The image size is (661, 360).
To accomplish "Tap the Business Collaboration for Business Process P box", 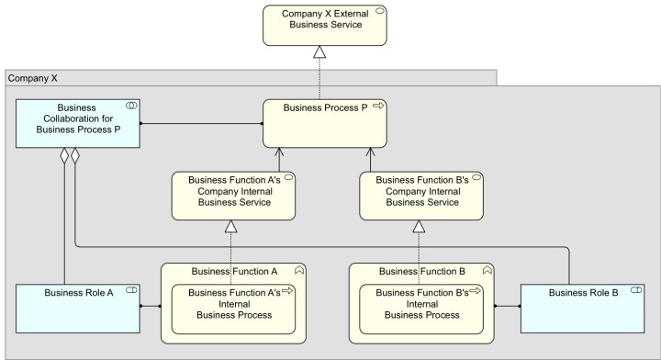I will [77, 123].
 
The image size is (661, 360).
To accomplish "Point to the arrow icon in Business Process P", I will [377, 107].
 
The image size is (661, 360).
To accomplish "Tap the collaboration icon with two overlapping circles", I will [131, 107].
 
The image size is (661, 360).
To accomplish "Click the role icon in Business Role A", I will [131, 291].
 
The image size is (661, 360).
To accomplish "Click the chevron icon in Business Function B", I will [487, 271].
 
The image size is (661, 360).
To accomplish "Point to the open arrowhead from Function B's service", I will [371, 152].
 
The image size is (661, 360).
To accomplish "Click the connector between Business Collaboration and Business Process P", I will [202, 123].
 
